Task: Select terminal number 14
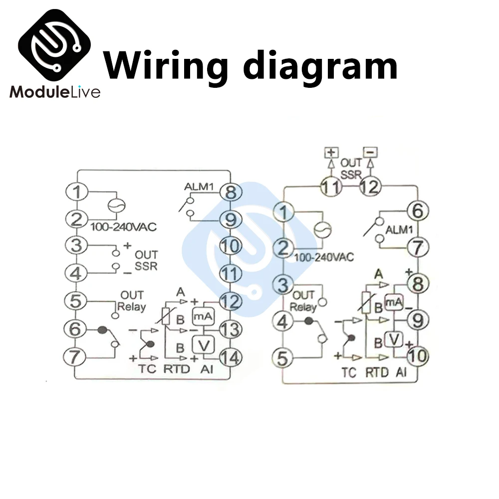click(230, 357)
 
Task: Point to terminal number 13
click(230, 329)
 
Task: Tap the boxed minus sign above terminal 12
click(370, 151)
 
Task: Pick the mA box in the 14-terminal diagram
click(201, 316)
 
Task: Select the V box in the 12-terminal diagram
click(395, 339)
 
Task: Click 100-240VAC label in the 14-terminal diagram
click(123, 227)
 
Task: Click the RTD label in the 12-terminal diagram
click(377, 372)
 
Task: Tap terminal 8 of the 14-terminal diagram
click(230, 192)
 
